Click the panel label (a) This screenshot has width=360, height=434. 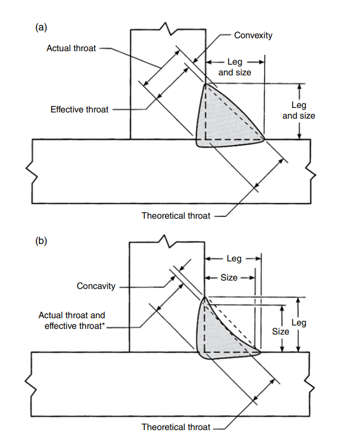(41, 26)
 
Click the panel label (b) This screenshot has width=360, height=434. (41, 241)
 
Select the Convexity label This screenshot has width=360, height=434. (253, 35)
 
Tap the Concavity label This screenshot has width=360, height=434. (96, 286)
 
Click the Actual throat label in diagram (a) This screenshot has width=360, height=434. (71, 49)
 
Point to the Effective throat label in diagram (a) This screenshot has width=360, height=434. (79, 110)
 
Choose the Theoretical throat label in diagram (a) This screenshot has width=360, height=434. (176, 215)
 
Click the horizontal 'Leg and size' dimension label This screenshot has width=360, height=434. (235, 67)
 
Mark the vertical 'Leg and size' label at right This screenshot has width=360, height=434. (299, 110)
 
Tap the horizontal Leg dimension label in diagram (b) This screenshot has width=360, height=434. (234, 259)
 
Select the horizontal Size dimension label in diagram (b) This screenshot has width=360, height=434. (229, 278)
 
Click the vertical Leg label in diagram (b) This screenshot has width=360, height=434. (299, 323)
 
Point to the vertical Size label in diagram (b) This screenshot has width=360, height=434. (280, 331)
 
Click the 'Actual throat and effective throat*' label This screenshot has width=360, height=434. (72, 321)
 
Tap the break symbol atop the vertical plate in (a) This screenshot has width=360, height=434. (166, 26)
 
